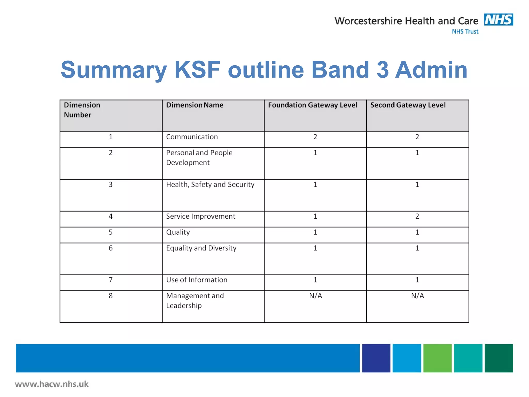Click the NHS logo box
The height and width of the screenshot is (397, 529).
[498, 20]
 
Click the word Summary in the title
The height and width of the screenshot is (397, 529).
[114, 70]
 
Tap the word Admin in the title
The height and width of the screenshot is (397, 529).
[431, 70]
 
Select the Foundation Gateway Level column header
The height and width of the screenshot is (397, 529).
[313, 105]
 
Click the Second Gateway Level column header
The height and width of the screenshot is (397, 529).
[408, 105]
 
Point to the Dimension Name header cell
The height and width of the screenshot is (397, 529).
[195, 105]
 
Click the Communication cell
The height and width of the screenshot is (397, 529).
[192, 137]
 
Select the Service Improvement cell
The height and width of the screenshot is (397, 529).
[200, 216]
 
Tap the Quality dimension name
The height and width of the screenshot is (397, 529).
[178, 232]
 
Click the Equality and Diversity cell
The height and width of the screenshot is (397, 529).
[201, 248]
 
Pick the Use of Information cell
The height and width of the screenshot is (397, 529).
[197, 280]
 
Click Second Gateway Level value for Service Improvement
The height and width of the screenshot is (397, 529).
[417, 216]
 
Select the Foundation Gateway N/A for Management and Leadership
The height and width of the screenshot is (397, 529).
[315, 296]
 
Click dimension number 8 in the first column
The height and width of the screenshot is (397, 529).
[111, 296]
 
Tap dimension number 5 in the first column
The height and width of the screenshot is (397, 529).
[111, 232]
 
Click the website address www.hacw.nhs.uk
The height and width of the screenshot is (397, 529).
[52, 384]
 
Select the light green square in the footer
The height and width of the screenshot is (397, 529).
[437, 358]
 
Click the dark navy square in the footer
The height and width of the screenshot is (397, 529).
[376, 358]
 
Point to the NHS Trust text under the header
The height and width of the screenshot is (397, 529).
[465, 32]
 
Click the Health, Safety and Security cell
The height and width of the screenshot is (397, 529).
[210, 185]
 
